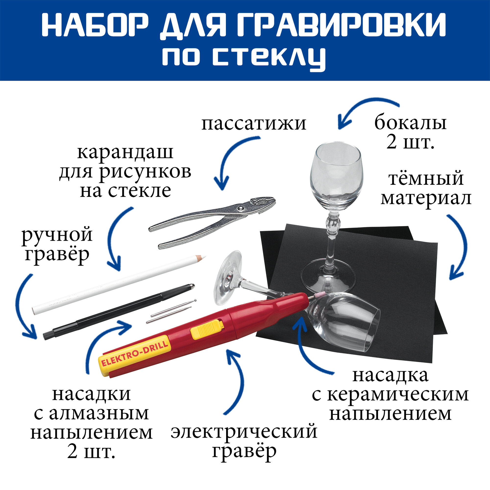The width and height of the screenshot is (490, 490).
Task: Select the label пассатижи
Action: click(254, 124)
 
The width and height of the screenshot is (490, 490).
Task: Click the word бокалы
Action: click(410, 123)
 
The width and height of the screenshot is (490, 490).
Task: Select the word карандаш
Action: click(125, 153)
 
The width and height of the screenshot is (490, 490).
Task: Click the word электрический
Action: click(244, 431)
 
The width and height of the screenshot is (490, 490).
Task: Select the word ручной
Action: click(57, 235)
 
